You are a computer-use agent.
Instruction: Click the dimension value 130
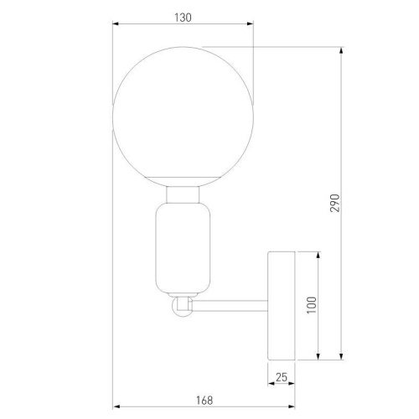click(x=184, y=14)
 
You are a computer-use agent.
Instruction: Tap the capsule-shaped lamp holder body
click(x=184, y=249)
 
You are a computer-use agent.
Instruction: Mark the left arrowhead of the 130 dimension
click(x=116, y=24)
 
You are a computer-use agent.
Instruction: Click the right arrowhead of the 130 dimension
click(x=251, y=24)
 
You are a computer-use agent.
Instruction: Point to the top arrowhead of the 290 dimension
click(x=341, y=49)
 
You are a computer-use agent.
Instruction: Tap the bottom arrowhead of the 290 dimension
click(x=341, y=356)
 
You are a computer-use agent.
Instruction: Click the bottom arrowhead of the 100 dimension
click(x=318, y=356)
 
